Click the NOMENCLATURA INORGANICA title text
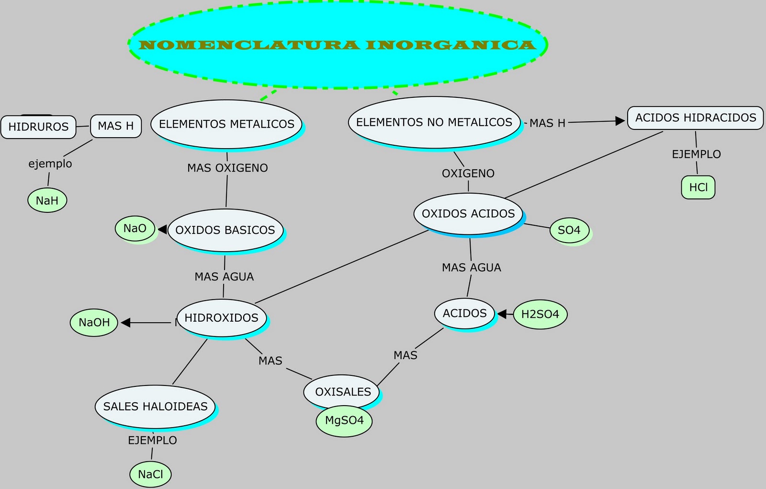337,45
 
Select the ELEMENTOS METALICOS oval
226,124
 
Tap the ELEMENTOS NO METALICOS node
434,122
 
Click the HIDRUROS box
38,127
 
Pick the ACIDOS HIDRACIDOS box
695,118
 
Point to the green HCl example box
698,187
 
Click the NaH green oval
47,200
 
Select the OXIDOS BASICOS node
225,230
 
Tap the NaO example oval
135,229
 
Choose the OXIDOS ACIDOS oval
468,214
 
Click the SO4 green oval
569,230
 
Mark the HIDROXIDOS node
221,318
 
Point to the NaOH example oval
94,323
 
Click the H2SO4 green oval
540,314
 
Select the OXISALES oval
342,392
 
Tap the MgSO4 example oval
344,421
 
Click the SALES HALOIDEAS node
155,407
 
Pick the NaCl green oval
150,475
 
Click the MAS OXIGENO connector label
227,168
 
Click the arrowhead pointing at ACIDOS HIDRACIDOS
620,121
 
